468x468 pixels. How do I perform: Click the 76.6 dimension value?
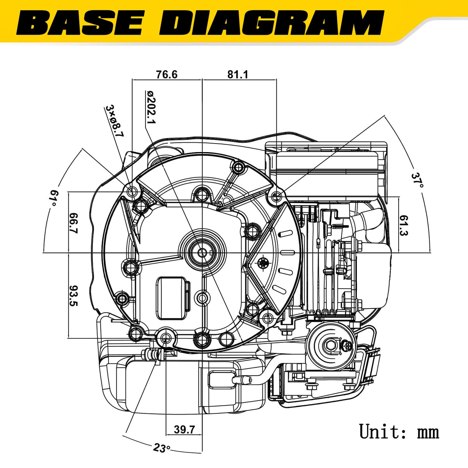[x=167, y=74]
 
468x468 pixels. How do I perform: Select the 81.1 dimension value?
[x=238, y=74]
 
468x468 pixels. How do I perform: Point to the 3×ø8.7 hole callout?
[x=115, y=121]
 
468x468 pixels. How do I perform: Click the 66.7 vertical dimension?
[x=73, y=223]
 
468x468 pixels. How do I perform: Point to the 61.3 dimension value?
[x=403, y=226]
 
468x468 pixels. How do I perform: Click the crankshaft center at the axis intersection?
[x=202, y=253]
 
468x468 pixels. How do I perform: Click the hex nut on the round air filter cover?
[x=331, y=344]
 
